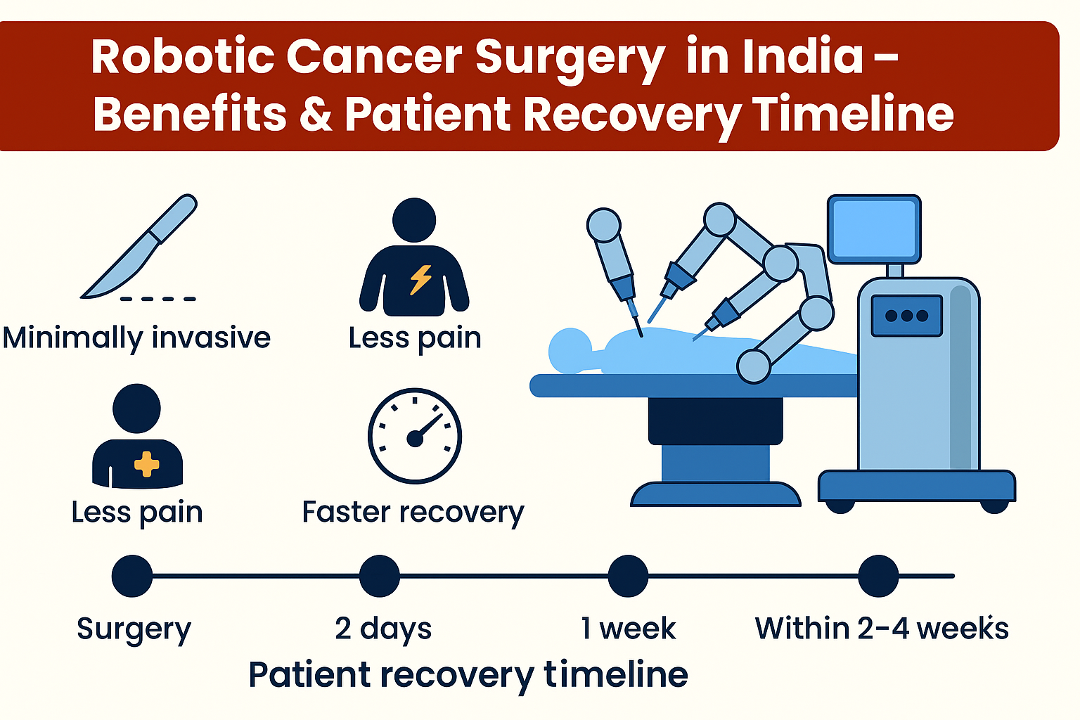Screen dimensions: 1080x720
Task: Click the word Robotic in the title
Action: (x=183, y=56)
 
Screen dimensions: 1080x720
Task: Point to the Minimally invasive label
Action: (x=136, y=337)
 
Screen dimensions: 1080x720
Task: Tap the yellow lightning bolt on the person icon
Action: (x=420, y=279)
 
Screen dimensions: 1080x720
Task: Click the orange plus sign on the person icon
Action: (x=146, y=464)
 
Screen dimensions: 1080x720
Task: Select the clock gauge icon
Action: (x=415, y=435)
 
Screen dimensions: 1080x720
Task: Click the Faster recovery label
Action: (x=413, y=512)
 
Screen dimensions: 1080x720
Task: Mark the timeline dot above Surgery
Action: (x=132, y=576)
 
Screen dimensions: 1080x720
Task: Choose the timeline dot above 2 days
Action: (x=380, y=576)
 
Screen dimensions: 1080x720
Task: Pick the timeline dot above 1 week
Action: (x=628, y=576)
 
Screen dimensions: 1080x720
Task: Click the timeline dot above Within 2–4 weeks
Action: (x=878, y=576)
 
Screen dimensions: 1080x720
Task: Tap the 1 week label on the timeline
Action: (x=628, y=629)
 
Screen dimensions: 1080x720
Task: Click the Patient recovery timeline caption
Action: (x=468, y=675)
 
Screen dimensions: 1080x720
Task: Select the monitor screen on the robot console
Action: (x=874, y=229)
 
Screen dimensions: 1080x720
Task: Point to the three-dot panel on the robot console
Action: (x=906, y=316)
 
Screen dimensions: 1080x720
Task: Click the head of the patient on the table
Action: (x=570, y=350)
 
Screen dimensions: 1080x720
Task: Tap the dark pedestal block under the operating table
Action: (x=716, y=421)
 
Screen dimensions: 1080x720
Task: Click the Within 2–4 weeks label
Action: (x=882, y=629)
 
